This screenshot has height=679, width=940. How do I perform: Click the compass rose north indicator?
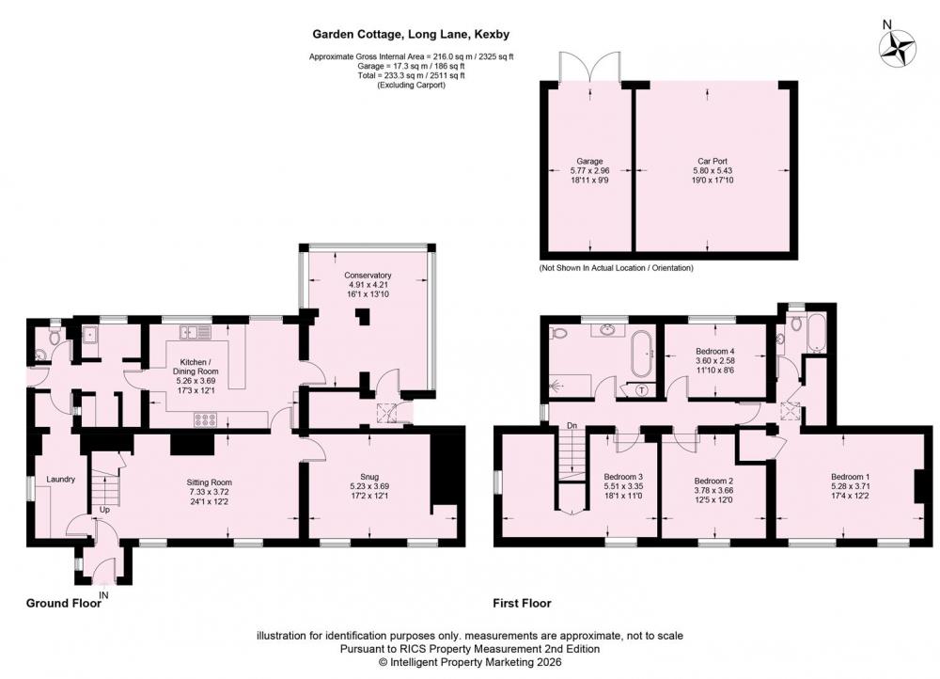(x=898, y=47)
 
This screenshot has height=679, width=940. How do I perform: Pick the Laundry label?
(x=60, y=480)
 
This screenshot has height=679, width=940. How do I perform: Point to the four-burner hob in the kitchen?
(x=205, y=420)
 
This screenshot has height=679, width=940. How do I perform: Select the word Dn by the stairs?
(x=572, y=426)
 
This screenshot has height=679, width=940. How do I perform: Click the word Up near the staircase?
(x=104, y=510)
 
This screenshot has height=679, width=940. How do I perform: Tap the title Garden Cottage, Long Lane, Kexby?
(x=411, y=34)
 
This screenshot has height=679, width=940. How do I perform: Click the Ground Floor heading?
(x=64, y=604)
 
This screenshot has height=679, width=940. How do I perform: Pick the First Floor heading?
(x=522, y=604)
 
